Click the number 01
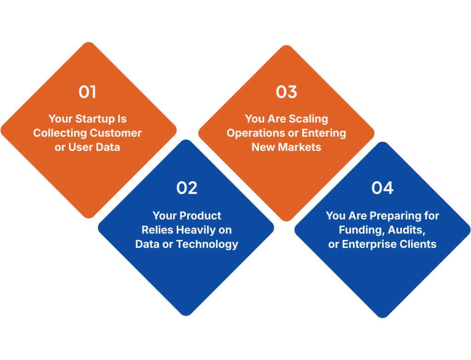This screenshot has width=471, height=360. click(87, 92)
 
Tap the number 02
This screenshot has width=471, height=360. click(187, 188)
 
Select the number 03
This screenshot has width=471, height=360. click(286, 92)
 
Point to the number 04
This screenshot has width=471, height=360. click(382, 188)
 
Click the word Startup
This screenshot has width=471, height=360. click(95, 119)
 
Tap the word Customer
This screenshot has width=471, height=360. click(115, 133)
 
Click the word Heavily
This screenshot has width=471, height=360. click(196, 230)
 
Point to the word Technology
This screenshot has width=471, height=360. click(207, 244)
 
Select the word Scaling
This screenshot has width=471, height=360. click(308, 119)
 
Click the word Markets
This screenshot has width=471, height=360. click(299, 147)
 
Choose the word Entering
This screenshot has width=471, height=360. click(324, 133)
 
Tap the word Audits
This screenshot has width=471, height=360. click(407, 230)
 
